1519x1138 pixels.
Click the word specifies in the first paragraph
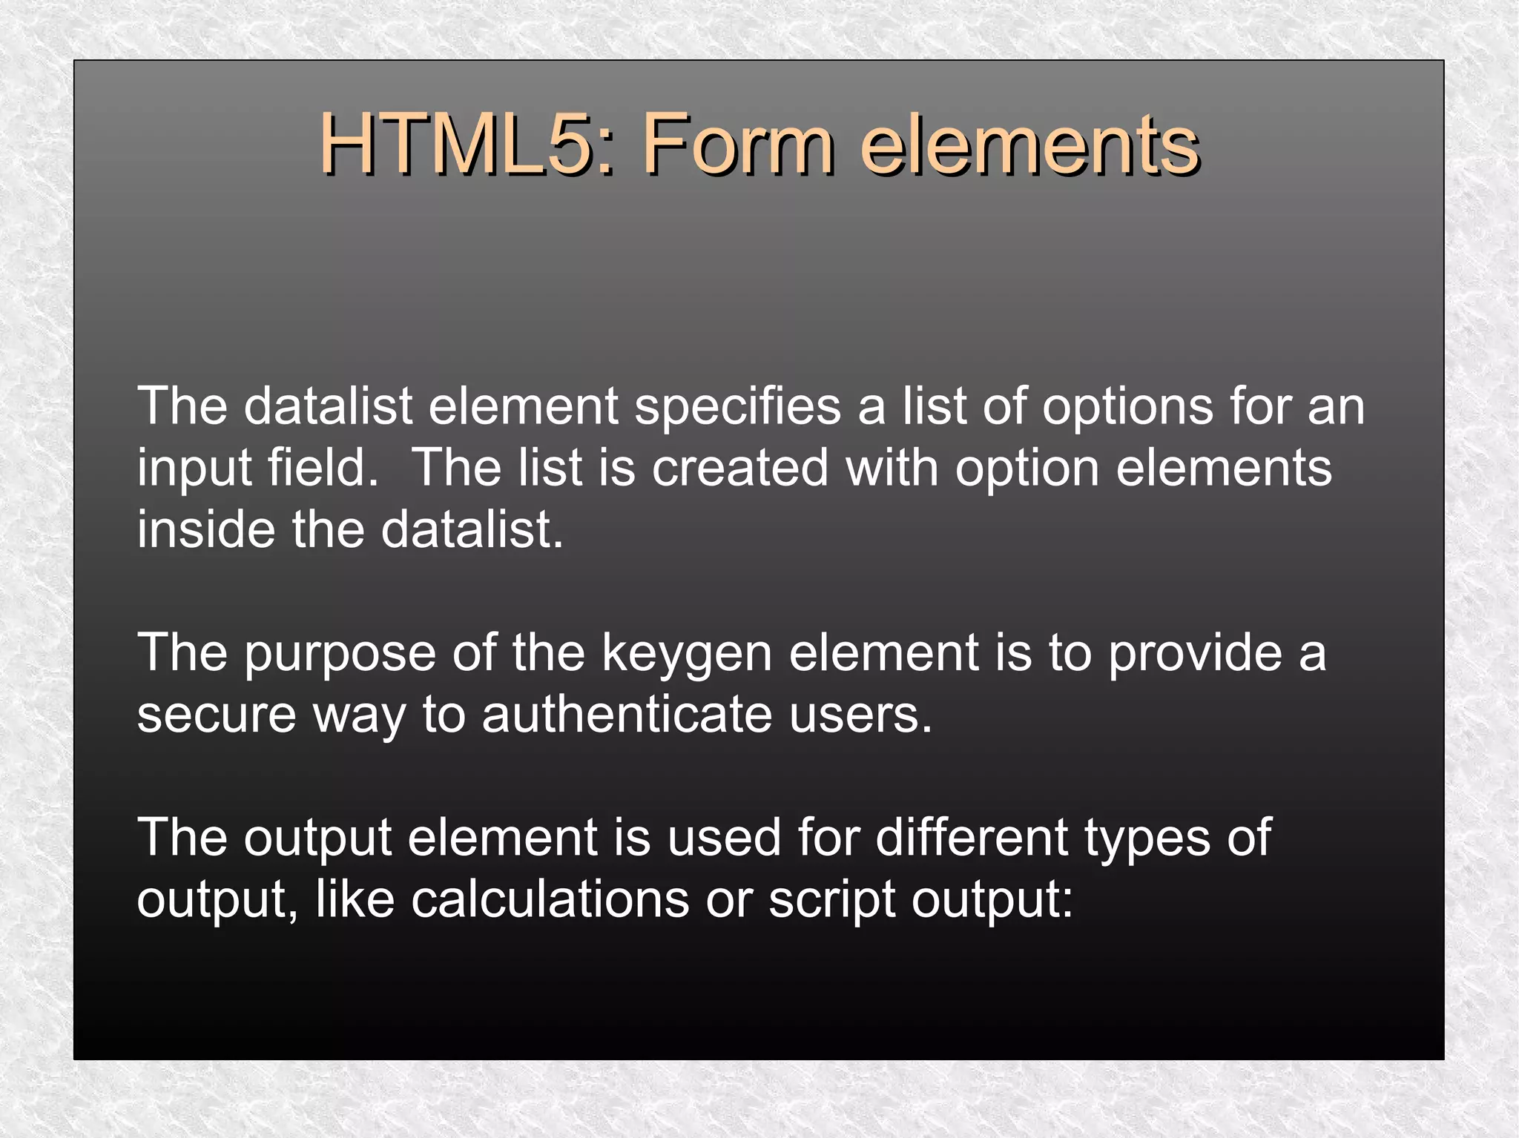pos(737,407)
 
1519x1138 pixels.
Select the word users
pos(860,715)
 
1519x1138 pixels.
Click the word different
pos(971,838)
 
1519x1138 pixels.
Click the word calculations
pos(550,899)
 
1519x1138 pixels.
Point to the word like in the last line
pos(355,899)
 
